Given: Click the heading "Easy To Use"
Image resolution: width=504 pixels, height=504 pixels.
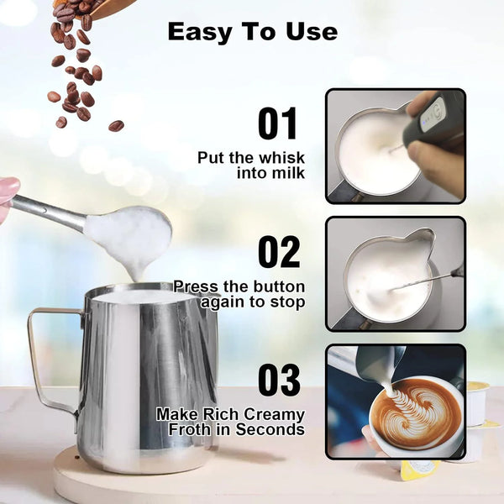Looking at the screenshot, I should [x=252, y=32].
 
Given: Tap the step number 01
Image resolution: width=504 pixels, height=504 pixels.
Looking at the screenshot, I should [x=277, y=124].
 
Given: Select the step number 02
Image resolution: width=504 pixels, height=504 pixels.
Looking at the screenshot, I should [x=277, y=252].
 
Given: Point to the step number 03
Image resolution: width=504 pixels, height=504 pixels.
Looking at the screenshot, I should [x=278, y=380].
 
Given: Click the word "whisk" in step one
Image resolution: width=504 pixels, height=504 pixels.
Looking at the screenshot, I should [x=281, y=158].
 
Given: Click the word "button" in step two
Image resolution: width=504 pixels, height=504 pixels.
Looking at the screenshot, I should [x=278, y=286].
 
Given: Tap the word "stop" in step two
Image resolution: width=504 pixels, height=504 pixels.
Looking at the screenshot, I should [x=286, y=302].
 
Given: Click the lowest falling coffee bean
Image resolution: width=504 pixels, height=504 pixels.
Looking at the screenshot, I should [x=116, y=126].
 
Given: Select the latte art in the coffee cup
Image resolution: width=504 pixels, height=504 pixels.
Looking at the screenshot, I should [x=417, y=412].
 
